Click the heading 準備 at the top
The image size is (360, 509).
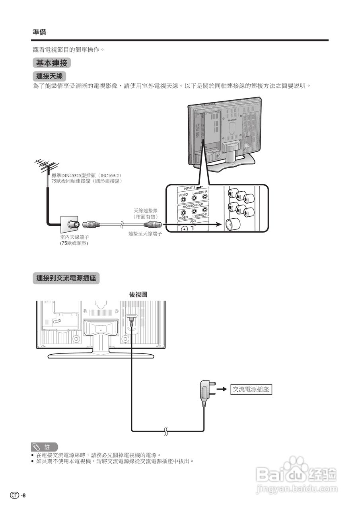point(39,32)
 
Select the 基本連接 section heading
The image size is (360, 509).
point(52,63)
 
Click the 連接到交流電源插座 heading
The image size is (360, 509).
point(66,278)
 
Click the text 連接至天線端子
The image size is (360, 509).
point(145,234)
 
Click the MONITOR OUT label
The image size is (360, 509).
point(193,206)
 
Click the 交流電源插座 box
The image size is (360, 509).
point(251,389)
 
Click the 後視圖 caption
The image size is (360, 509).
point(138,294)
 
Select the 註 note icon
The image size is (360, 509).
point(44,447)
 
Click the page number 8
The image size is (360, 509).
point(24,495)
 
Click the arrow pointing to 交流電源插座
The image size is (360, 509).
point(222,389)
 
